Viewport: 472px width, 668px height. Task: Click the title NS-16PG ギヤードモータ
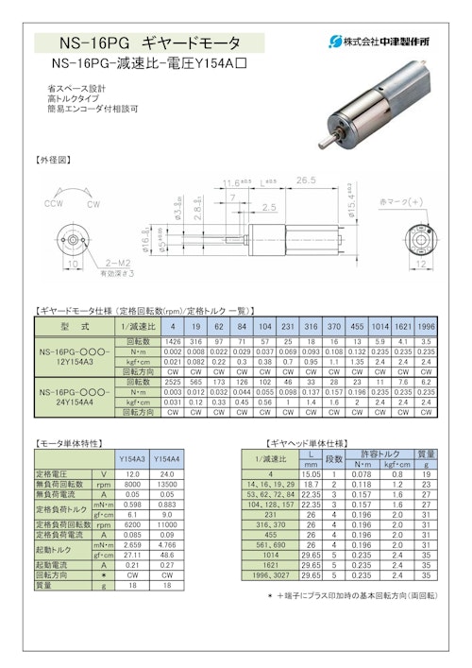point(150,43)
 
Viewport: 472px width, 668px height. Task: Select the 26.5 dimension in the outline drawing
point(303,180)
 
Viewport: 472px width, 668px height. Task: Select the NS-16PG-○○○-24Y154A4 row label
point(74,395)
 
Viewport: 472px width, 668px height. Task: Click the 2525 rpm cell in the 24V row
point(173,383)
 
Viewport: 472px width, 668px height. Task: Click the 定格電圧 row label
point(59,472)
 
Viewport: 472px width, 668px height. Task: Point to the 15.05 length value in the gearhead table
point(312,472)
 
